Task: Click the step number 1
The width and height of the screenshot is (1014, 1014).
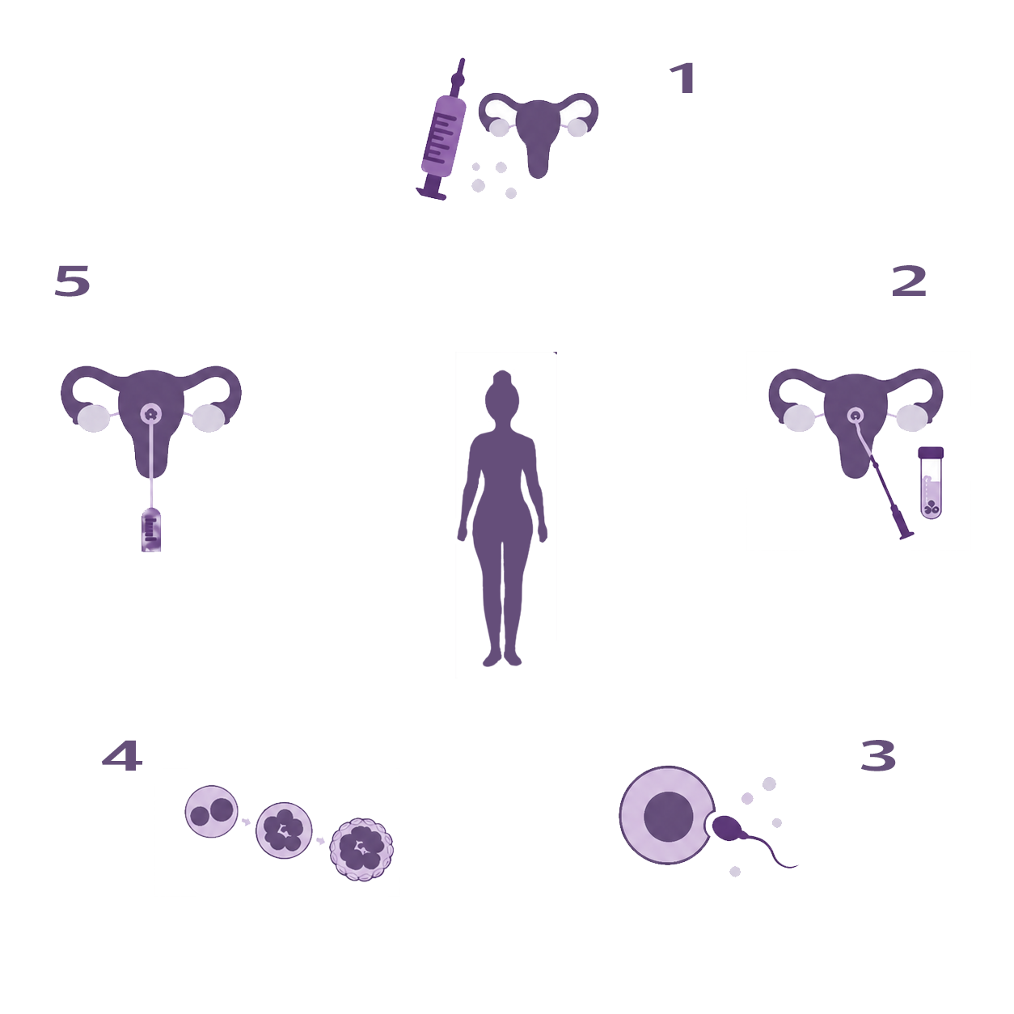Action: [683, 79]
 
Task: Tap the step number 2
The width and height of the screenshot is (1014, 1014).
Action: [910, 281]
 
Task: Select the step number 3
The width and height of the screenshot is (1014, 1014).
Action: [878, 755]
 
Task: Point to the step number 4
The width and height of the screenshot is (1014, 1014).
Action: [122, 755]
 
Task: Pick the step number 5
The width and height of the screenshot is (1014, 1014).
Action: [73, 281]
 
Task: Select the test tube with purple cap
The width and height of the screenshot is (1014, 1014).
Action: [931, 483]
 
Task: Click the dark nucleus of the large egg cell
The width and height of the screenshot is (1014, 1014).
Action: [669, 816]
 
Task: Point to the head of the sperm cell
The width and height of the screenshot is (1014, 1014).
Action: [726, 828]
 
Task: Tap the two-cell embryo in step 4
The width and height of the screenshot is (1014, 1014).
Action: [212, 811]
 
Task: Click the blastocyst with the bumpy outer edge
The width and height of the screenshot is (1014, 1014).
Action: [361, 849]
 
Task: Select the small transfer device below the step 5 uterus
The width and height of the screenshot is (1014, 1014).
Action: [151, 530]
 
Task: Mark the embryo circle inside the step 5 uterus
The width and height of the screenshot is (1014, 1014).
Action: [151, 415]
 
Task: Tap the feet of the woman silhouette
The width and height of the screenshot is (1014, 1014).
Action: [502, 658]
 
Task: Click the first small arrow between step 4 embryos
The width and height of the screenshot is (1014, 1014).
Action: [246, 822]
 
